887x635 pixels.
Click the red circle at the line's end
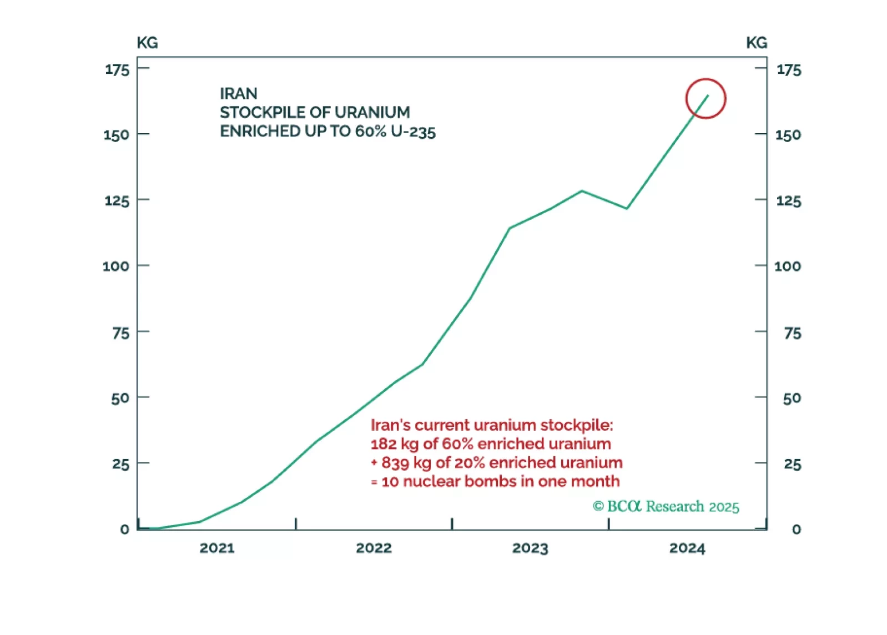point(705,98)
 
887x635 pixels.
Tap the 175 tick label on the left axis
point(117,70)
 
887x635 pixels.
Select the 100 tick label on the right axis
point(787,266)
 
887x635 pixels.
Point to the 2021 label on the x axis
point(217,548)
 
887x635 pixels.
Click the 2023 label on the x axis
point(530,548)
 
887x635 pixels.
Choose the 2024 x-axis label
point(687,548)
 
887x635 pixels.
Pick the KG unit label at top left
point(147,43)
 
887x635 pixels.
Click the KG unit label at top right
point(756,43)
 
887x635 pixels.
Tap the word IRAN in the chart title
point(239,93)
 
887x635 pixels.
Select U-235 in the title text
point(413,132)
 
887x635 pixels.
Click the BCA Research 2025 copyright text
point(666,507)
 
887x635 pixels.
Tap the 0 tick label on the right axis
point(796,530)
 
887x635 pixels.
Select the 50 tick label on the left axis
point(120,399)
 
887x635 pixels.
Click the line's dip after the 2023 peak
point(627,209)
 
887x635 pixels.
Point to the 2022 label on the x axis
point(374,548)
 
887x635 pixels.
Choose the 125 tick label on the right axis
point(788,201)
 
